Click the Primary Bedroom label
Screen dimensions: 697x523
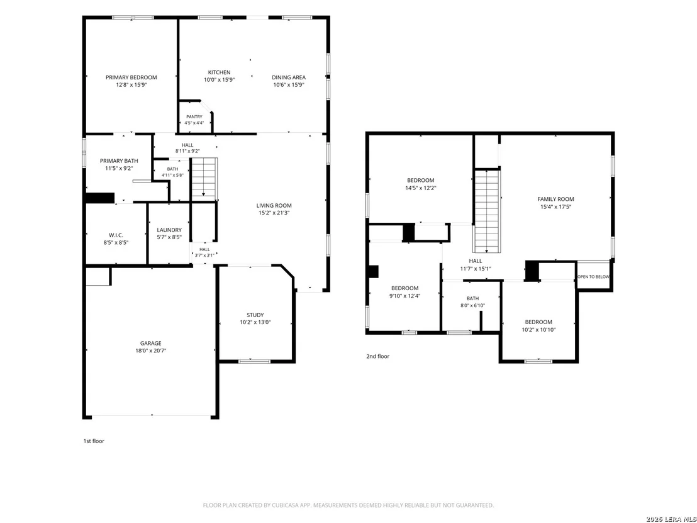(131, 77)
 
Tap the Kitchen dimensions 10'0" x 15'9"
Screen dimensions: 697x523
(219, 80)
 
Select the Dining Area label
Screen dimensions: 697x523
(289, 77)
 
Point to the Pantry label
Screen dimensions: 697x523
(194, 117)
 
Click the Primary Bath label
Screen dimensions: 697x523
(119, 161)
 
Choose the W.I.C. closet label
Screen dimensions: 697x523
(116, 235)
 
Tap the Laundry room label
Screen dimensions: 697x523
(169, 230)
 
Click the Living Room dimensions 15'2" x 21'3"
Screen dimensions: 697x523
(274, 213)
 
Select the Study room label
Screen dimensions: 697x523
(255, 315)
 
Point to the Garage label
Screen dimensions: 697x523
(151, 344)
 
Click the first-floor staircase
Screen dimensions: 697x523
(204, 179)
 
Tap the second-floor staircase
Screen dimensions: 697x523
(487, 211)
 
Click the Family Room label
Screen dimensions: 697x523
(555, 200)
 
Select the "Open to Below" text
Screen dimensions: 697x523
(593, 277)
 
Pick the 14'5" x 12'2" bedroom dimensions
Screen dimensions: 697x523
(420, 188)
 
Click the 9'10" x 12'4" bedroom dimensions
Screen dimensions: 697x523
(404, 296)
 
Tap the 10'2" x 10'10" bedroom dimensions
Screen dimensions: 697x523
(538, 330)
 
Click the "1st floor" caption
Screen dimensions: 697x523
(94, 441)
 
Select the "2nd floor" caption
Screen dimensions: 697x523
(378, 356)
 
